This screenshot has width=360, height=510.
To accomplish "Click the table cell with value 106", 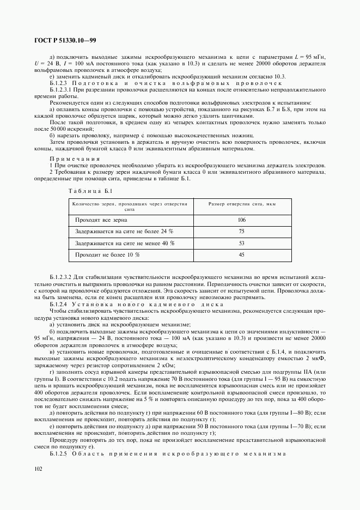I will click(242, 220).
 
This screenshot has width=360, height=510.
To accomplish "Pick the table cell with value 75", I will click(242, 232).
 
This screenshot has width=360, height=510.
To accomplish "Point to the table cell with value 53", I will click(242, 243).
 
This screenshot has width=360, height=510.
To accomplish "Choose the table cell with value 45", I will click(242, 254).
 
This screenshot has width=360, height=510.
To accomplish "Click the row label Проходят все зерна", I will click(101, 220).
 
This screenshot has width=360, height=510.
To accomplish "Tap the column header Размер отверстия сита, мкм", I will click(242, 204).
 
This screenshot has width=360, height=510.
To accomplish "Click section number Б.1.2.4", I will click(60, 305).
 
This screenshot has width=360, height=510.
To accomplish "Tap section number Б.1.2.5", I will click(60, 453).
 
